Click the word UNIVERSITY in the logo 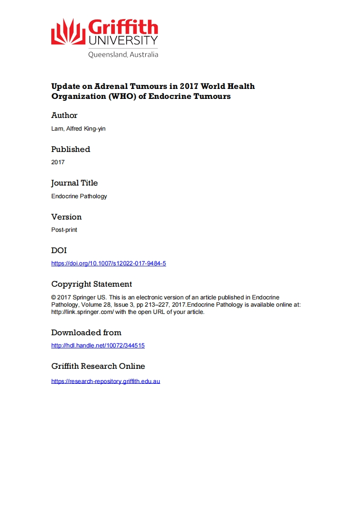pos(123,41)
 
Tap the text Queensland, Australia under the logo pos(123,54)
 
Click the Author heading pos(64,115)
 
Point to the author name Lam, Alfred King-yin pos(78,129)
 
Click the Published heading pos(71,149)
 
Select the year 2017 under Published pos(58,162)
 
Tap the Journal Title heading pos(74,183)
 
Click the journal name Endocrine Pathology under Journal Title pos(79,196)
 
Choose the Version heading pos(66,217)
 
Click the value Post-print pos(64,230)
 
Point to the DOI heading pos(59,250)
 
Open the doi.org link pos(108,264)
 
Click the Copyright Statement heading pos(92,284)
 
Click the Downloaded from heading pos(86,333)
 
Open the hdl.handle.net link pos(98,346)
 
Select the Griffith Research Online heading pos(98,366)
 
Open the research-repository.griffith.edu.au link pos(106,382)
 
